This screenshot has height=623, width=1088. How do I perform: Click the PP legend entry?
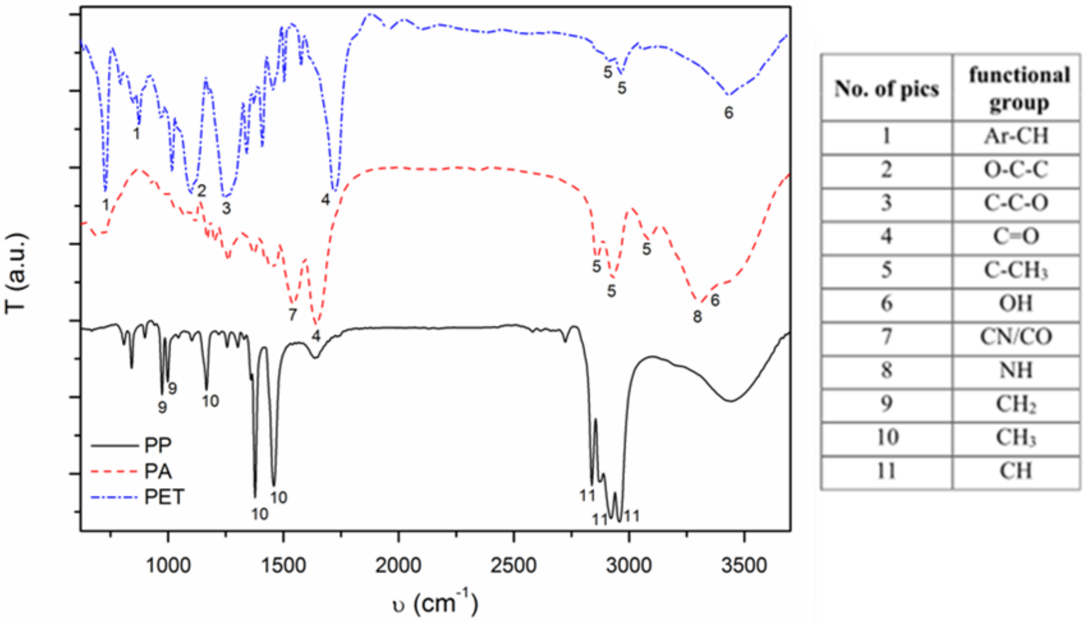click(157, 445)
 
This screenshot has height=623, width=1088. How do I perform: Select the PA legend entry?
click(157, 472)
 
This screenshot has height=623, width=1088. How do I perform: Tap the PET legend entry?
click(164, 497)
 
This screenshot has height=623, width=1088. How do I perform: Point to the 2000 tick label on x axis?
click(398, 566)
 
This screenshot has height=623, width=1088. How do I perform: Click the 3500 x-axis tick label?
click(744, 566)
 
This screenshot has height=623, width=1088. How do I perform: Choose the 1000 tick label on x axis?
click(168, 566)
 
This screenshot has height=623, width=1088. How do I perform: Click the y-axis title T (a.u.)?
click(16, 274)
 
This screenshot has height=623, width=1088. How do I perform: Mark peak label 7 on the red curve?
click(293, 315)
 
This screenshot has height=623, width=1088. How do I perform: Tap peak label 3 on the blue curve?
click(226, 208)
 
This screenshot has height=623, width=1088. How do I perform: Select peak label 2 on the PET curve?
click(202, 190)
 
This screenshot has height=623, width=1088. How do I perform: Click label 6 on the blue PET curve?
click(729, 113)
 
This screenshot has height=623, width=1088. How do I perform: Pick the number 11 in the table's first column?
click(886, 471)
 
